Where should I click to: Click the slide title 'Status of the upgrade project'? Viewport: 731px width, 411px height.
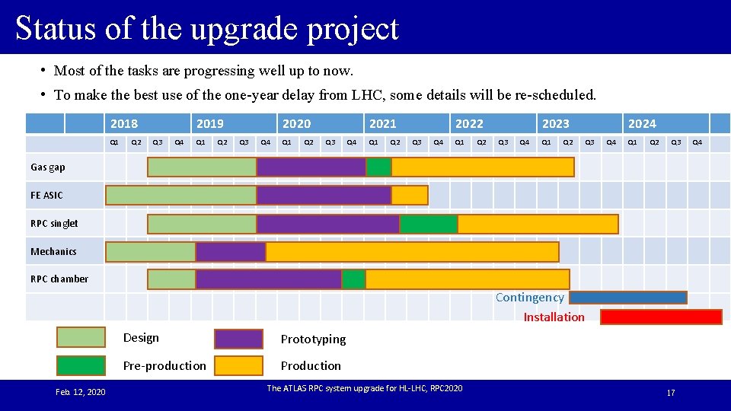(206, 28)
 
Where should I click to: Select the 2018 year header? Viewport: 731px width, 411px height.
(124, 123)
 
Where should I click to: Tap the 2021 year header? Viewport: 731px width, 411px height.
(382, 123)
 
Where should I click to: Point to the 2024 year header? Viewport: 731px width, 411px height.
(641, 123)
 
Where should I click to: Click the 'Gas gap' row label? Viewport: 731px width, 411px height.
(48, 167)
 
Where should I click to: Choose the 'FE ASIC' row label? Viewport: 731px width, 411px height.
(46, 195)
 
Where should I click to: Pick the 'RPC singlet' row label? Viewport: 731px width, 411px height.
(54, 223)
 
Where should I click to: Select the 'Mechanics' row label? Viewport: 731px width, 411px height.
(53, 251)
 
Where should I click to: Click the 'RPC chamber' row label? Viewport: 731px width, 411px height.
(59, 279)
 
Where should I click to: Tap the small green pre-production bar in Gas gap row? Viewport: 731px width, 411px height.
(378, 167)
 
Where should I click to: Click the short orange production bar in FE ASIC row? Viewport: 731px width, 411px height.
(410, 196)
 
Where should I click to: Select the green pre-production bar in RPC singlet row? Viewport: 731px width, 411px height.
(429, 224)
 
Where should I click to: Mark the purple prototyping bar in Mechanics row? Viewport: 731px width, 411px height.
(231, 252)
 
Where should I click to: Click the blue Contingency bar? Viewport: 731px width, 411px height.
(628, 298)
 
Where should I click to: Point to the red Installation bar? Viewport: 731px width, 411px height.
(661, 317)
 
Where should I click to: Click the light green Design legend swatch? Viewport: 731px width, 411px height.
(81, 338)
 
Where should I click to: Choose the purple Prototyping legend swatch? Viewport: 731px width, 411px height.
(238, 339)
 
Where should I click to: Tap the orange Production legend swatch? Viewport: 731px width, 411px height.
(238, 365)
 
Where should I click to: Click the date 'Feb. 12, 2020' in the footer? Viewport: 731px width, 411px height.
(81, 391)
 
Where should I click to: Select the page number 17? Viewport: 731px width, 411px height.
(670, 392)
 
